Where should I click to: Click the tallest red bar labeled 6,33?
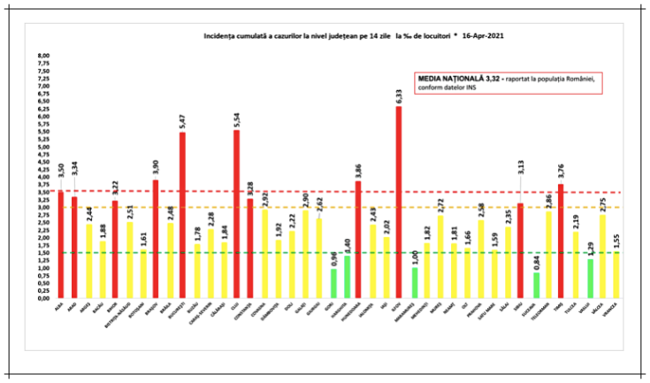[x=399, y=203]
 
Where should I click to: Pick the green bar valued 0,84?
[x=535, y=286]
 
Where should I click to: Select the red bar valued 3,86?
[x=358, y=240]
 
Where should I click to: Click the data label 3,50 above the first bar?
[x=60, y=172]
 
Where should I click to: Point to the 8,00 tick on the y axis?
[x=42, y=56]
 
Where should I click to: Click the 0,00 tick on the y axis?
[x=42, y=299]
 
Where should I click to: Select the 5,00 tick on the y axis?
[x=42, y=147]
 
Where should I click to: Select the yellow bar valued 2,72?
[x=440, y=257]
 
